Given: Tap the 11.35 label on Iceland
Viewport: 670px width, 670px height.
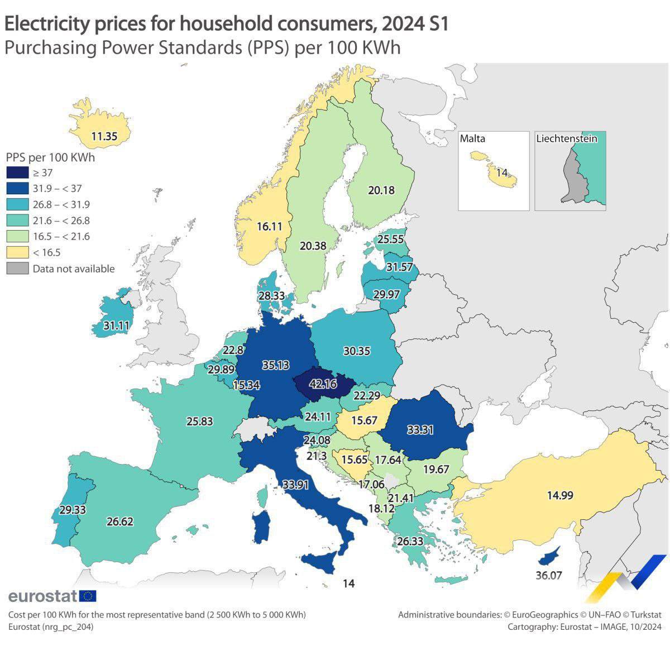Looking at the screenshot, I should point(104,136).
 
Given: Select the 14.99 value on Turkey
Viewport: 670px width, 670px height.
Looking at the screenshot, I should point(560,495).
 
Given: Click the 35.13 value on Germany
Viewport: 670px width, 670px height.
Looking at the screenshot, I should point(276,365).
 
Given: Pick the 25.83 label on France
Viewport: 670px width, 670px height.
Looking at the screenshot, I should point(199,422).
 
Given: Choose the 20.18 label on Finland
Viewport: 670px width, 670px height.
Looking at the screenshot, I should point(381,190).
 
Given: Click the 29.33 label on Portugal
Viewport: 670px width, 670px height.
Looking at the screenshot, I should point(73,510).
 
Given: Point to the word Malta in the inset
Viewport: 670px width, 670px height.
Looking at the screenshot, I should point(472,138).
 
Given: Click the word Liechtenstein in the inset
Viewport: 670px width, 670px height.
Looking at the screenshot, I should point(566,138).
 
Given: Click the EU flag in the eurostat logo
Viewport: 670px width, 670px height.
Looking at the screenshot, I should point(88,596).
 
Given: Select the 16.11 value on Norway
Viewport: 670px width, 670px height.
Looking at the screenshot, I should point(270,226).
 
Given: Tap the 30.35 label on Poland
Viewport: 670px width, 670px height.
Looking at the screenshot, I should point(357,351).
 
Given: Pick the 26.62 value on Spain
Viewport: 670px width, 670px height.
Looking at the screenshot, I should point(120,521).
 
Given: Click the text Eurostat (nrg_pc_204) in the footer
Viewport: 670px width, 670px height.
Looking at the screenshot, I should point(51,627).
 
